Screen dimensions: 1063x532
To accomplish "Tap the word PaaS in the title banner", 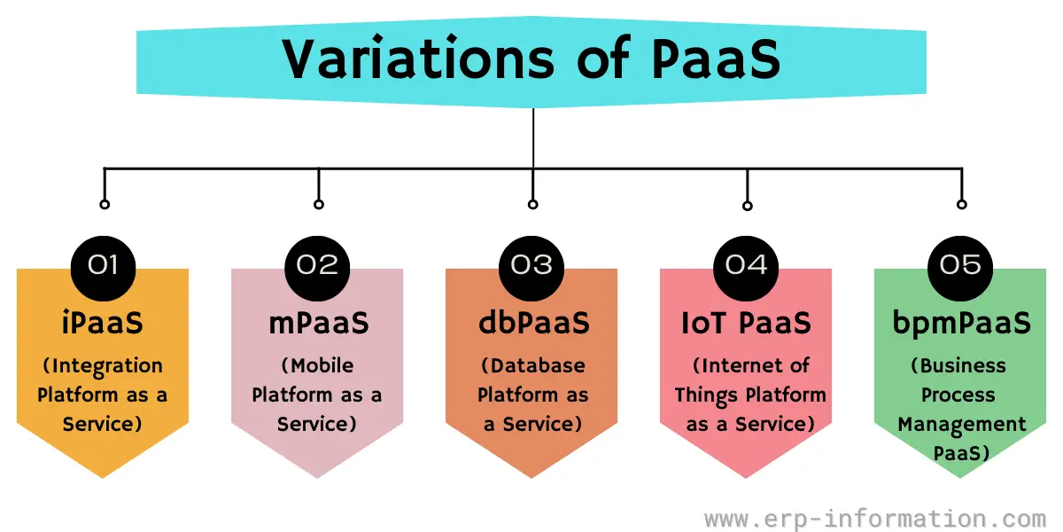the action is click(x=717, y=59).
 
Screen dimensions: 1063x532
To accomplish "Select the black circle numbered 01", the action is click(x=103, y=269).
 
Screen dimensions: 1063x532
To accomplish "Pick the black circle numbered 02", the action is click(x=317, y=269).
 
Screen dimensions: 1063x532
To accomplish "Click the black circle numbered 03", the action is click(x=531, y=269).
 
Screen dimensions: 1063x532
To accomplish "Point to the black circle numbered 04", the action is click(x=746, y=269).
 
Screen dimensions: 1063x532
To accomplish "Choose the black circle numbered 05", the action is click(x=960, y=269).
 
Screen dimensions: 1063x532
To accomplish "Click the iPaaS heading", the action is click(x=103, y=323).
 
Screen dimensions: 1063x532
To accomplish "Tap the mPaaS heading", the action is click(x=319, y=323).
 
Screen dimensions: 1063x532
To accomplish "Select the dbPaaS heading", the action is click(x=534, y=323).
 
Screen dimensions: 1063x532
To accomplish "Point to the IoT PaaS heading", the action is click(x=747, y=323).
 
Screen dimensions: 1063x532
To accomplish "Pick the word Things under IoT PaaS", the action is click(x=706, y=395).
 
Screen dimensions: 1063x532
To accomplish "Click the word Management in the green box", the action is click(x=962, y=425).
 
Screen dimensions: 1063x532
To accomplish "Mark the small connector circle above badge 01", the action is click(x=105, y=204).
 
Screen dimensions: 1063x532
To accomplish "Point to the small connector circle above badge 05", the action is click(x=962, y=204).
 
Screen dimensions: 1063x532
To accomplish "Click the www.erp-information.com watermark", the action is click(x=875, y=519).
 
